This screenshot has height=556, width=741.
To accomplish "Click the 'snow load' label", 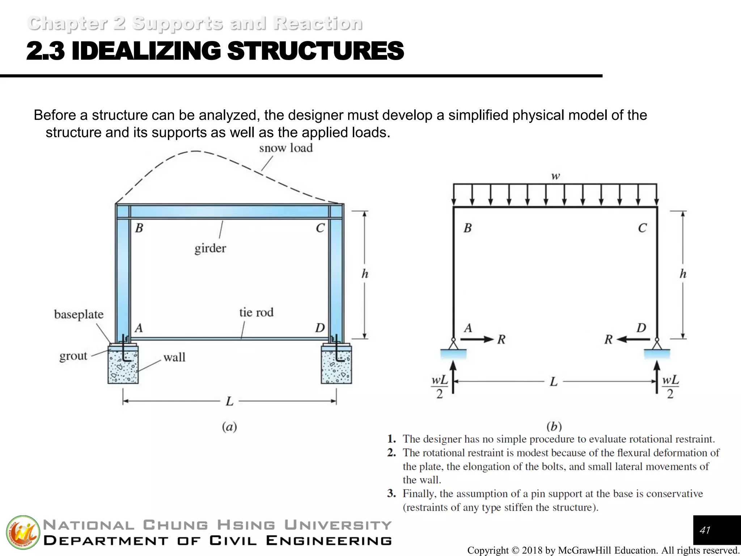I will [x=285, y=148].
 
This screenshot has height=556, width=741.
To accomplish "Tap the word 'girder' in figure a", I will [x=210, y=248].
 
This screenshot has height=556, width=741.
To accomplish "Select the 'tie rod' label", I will [x=256, y=312].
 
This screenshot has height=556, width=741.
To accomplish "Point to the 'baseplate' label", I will [x=79, y=314].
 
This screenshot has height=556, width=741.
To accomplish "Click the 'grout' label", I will [x=73, y=356].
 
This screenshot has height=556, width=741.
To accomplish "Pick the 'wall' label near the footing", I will [x=174, y=358].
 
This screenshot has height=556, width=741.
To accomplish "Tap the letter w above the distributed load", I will [x=555, y=176].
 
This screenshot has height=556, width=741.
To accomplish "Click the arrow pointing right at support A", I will [x=477, y=340].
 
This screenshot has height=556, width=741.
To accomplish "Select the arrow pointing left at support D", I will [x=633, y=340].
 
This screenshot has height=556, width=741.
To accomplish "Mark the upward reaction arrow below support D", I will [x=657, y=376].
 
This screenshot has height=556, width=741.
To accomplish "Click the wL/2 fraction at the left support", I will [x=440, y=387].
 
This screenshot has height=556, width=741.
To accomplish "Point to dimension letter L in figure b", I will [x=554, y=382].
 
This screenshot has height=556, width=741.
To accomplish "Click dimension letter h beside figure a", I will [x=365, y=274].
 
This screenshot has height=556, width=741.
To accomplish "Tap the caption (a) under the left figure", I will [x=229, y=427].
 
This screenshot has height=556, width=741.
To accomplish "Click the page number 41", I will [x=705, y=530].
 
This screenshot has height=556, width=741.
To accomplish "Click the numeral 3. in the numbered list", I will [x=391, y=494].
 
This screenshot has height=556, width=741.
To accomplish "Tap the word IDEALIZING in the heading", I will [x=146, y=51].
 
